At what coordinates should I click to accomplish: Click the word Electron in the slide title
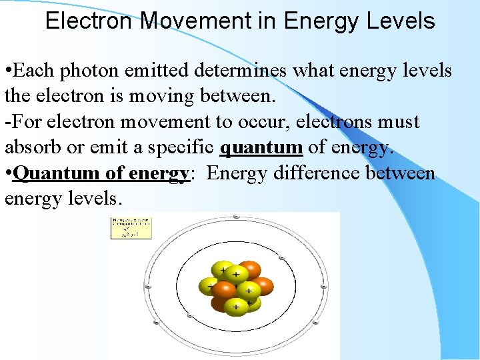[x=89, y=21]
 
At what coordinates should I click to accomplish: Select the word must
[x=399, y=123]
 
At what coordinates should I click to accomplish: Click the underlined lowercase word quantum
[x=261, y=148]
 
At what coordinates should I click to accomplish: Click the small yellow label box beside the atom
[x=131, y=228]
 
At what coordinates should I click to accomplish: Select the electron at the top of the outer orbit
[x=237, y=217]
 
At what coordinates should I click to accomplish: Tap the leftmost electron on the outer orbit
[x=148, y=287]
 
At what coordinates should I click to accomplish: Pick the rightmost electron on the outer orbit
[x=324, y=287]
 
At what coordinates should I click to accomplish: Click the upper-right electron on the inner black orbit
[x=282, y=258]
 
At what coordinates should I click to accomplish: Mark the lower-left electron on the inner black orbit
[x=190, y=315]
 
